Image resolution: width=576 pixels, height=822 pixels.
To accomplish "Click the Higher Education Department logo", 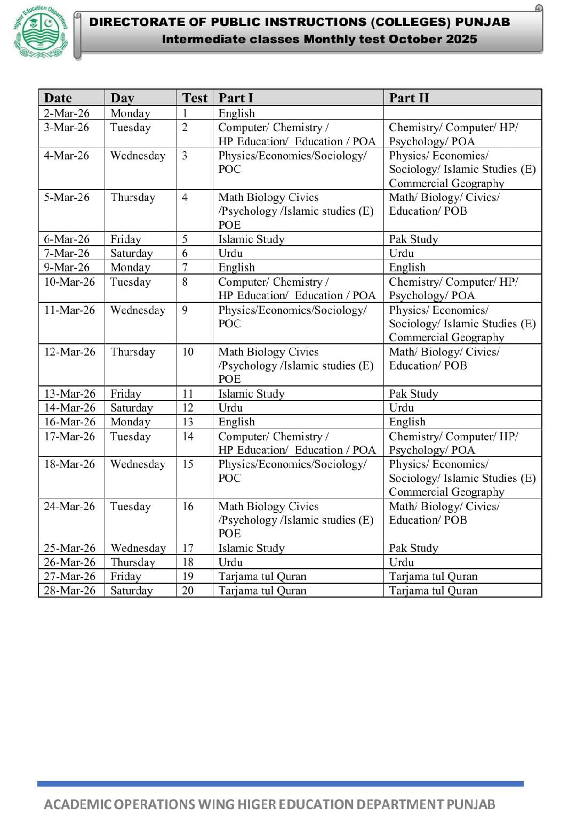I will click(x=41, y=33).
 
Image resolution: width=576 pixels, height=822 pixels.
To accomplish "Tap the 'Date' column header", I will click(x=58, y=98).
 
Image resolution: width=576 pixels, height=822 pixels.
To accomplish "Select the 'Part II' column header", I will click(x=409, y=98).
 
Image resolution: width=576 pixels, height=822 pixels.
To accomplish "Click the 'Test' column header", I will click(x=194, y=98).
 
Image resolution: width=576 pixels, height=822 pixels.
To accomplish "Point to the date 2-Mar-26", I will click(x=67, y=113).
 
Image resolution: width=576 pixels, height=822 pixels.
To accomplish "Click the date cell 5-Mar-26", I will click(x=67, y=197).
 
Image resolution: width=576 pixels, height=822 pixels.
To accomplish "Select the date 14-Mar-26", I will click(x=69, y=407).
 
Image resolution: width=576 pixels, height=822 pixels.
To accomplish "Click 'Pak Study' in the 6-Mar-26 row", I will click(x=413, y=239).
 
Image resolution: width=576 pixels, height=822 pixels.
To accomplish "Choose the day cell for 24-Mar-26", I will click(x=130, y=506).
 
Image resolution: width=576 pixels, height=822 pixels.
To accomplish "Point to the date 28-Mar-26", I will click(x=69, y=590).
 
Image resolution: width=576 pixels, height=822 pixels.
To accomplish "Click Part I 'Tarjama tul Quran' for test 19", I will click(x=262, y=576).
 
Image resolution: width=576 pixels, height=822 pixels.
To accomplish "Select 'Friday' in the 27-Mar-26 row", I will click(x=126, y=576).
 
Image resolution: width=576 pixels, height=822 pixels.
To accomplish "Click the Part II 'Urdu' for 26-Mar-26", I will click(x=401, y=562).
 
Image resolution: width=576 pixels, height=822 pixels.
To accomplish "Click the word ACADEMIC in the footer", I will click(x=77, y=804).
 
